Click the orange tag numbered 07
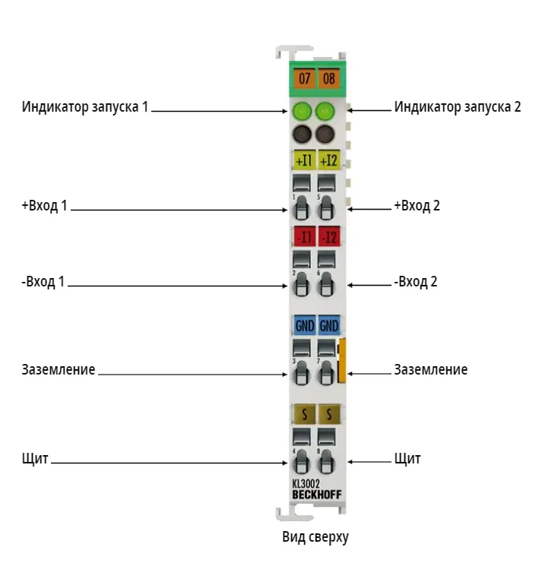[304, 78]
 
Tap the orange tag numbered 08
[328, 78]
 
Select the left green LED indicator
[302, 111]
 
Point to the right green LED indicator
[325, 111]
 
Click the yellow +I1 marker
[304, 160]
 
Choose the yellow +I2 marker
[328, 160]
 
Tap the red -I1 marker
[305, 236]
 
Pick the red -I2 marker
[329, 236]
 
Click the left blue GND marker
[305, 325]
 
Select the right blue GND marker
[329, 325]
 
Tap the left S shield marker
[305, 414]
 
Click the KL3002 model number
[306, 484]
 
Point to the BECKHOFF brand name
[317, 495]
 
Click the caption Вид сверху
[315, 537]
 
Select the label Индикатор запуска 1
[85, 107]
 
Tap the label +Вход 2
[417, 206]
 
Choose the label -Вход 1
[43, 282]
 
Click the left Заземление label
[59, 369]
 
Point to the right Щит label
[407, 459]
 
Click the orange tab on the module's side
[342, 360]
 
